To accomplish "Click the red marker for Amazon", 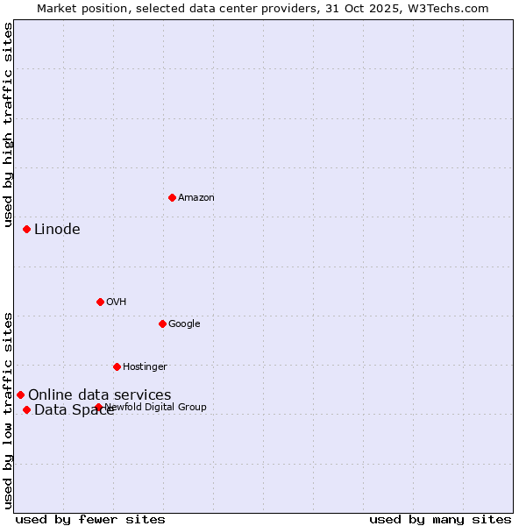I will (x=172, y=197).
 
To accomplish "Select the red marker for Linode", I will (x=26, y=229).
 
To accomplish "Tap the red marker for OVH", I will (x=100, y=302).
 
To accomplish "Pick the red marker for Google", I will (x=162, y=323).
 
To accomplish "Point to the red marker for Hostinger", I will (x=117, y=366).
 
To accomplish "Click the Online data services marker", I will (x=20, y=394).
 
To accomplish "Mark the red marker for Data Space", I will (x=26, y=409).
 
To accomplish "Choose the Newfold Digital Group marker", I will (x=98, y=407).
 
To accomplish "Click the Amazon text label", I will (x=196, y=198).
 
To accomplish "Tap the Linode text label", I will (x=57, y=230).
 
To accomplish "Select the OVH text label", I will (x=117, y=302).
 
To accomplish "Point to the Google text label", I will (x=184, y=324).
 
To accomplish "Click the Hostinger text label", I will (x=145, y=366).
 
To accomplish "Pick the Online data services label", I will (x=100, y=395).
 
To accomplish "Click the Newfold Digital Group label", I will (x=155, y=407).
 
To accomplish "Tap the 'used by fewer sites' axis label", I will (x=90, y=519).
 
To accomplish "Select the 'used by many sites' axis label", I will (x=440, y=519).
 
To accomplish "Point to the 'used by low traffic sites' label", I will (x=8, y=410).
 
